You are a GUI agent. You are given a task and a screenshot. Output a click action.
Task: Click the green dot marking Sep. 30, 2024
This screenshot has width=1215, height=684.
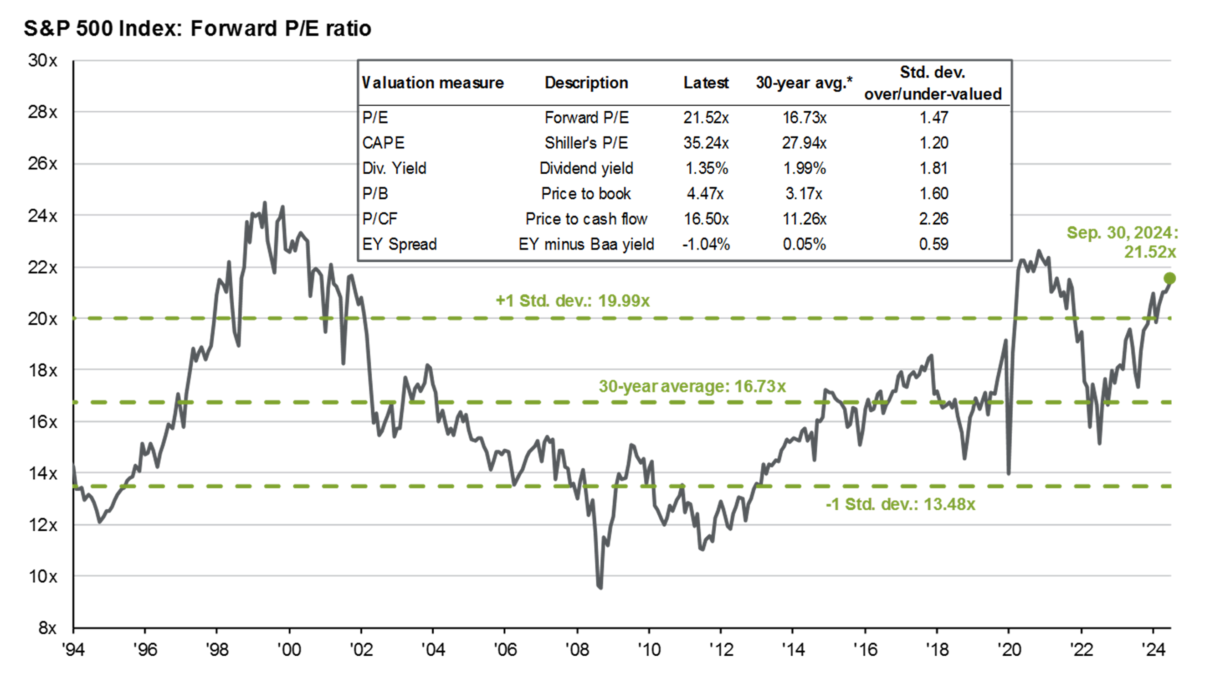pos(1169,279)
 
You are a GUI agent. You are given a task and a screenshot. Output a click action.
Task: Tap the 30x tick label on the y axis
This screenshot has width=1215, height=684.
pos(42,61)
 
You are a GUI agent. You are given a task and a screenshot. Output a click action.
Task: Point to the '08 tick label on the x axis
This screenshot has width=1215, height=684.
pos(577,650)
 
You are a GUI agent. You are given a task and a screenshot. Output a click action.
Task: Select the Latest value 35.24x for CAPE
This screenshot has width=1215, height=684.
pos(706,143)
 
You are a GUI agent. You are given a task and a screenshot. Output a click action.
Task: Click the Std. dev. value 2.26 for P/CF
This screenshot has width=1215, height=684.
pos(933,218)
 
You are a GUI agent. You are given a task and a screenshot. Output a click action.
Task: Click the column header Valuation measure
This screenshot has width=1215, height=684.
pos(432,83)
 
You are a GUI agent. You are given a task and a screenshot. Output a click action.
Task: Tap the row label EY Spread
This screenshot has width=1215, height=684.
pos(399,244)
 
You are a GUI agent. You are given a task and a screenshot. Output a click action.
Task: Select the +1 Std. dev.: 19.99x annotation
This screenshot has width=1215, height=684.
pos(572,301)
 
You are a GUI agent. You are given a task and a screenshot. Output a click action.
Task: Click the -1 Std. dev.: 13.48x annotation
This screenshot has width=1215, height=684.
pos(900,504)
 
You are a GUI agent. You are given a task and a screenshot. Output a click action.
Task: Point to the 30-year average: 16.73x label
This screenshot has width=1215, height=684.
pos(692,386)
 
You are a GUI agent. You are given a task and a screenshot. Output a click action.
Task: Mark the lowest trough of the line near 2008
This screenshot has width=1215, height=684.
pos(600,587)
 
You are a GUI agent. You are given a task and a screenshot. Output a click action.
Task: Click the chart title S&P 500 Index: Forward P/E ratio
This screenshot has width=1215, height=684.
pos(197,28)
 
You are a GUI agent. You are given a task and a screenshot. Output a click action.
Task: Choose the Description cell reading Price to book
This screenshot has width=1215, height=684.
pos(585,193)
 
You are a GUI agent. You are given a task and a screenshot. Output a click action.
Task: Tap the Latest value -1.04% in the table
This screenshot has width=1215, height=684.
pos(706,244)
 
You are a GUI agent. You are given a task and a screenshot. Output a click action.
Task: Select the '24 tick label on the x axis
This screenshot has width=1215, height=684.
pos(1153,650)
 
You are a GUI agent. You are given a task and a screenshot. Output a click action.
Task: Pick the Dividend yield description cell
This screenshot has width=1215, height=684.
pos(586,168)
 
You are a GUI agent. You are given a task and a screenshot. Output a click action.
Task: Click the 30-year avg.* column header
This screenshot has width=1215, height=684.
pos(804,83)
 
